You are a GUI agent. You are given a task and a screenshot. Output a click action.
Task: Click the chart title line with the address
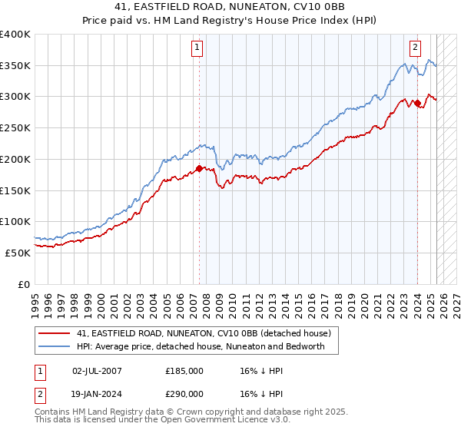[x=230, y=8]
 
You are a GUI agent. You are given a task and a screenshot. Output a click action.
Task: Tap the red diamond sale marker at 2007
[x=199, y=168]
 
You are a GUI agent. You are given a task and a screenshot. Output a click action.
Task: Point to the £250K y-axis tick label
[x=15, y=128]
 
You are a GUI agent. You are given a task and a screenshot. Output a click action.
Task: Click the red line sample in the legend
[x=54, y=333]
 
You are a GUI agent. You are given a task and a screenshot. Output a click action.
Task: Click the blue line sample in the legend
[x=54, y=346]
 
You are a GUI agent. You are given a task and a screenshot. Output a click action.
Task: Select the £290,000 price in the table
[x=184, y=393]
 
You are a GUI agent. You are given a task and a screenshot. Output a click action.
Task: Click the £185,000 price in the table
[x=184, y=370]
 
